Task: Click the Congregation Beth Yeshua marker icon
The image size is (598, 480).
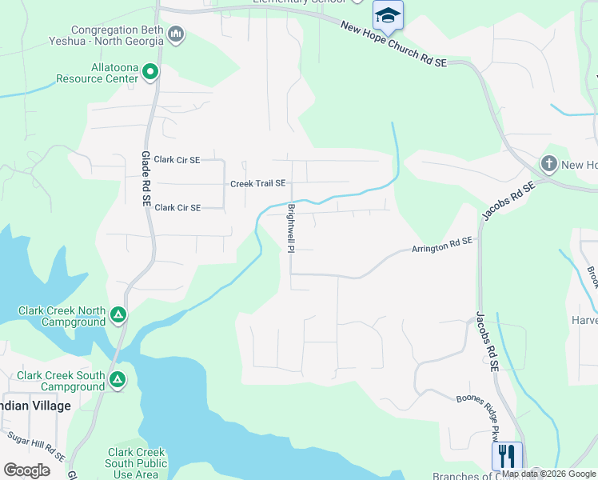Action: pos(177,34)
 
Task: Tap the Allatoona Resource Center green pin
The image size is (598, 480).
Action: pos(149,73)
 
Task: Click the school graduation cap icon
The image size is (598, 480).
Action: pos(388,15)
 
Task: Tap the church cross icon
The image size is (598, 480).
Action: pos(548,164)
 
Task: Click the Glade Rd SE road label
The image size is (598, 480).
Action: pos(146,177)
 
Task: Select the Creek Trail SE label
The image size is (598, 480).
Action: pos(257,183)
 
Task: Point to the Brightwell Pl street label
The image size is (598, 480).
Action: pos(292,228)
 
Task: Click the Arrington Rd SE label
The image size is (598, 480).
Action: pos(442,245)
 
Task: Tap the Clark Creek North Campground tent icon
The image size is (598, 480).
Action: pos(118,314)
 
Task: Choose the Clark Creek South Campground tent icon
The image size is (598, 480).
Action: pos(118,378)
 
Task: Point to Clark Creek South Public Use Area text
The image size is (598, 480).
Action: pos(136,463)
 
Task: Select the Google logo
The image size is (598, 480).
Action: pos(26,470)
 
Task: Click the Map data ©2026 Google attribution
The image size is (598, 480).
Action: pos(548,474)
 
